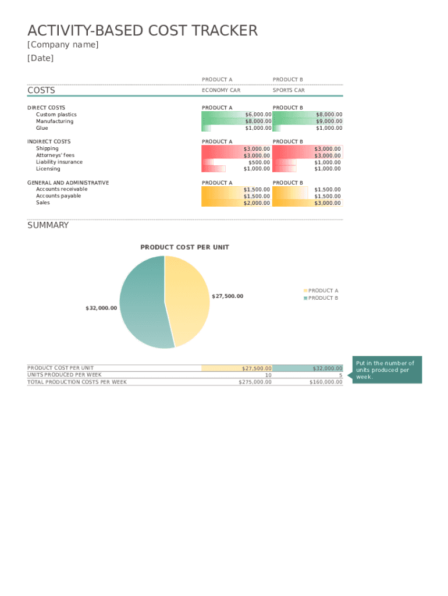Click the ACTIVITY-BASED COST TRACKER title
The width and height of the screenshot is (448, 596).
coord(143,31)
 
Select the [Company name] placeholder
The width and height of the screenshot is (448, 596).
coord(63,45)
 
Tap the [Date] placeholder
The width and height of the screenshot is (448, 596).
coord(41,58)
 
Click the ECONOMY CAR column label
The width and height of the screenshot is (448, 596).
coord(221,91)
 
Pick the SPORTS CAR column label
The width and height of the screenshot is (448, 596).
coord(289,91)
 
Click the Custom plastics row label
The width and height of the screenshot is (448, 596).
coord(56,115)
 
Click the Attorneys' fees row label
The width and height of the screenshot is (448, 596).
coord(55,155)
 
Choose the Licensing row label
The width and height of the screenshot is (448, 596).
coord(48,169)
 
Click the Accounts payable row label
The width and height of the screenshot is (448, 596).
coord(59,196)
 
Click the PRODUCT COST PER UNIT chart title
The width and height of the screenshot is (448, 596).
coord(185,247)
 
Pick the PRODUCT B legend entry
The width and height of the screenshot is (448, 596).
coord(323,298)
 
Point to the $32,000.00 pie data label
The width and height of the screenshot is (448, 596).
coord(101,308)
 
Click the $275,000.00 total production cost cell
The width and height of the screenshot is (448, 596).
coord(255,382)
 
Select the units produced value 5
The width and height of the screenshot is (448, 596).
coord(340,375)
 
